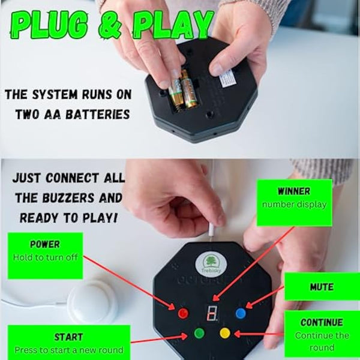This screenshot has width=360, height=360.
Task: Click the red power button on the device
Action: pyautogui.click(x=184, y=313)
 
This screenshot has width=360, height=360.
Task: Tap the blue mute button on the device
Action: pyautogui.click(x=241, y=313)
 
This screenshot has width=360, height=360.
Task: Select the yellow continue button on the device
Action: pyautogui.click(x=225, y=332)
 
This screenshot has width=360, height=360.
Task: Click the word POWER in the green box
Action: pyautogui.click(x=45, y=245)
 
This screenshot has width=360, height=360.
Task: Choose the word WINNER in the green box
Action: pyautogui.click(x=294, y=191)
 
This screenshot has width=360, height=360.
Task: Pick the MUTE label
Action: pyautogui.click(x=322, y=287)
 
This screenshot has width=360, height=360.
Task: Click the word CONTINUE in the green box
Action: pyautogui.click(x=322, y=323)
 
